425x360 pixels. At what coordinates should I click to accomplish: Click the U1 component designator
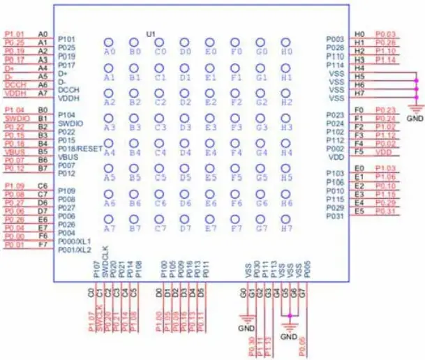pyautogui.click(x=151, y=33)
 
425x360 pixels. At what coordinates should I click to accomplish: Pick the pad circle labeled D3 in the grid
pyautogui.click(x=185, y=118)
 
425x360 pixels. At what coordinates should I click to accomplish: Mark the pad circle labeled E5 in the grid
pyautogui.click(x=210, y=168)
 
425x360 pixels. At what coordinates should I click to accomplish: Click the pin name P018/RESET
pyautogui.click(x=80, y=149)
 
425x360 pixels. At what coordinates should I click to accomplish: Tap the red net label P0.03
pyautogui.click(x=385, y=34)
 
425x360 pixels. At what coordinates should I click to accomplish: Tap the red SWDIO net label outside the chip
pyautogui.click(x=15, y=118)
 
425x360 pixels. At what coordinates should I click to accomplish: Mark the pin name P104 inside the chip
pyautogui.click(x=68, y=114)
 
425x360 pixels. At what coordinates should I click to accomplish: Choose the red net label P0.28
pyautogui.click(x=385, y=43)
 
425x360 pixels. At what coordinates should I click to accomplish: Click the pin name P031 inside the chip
pyautogui.click(x=335, y=216)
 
